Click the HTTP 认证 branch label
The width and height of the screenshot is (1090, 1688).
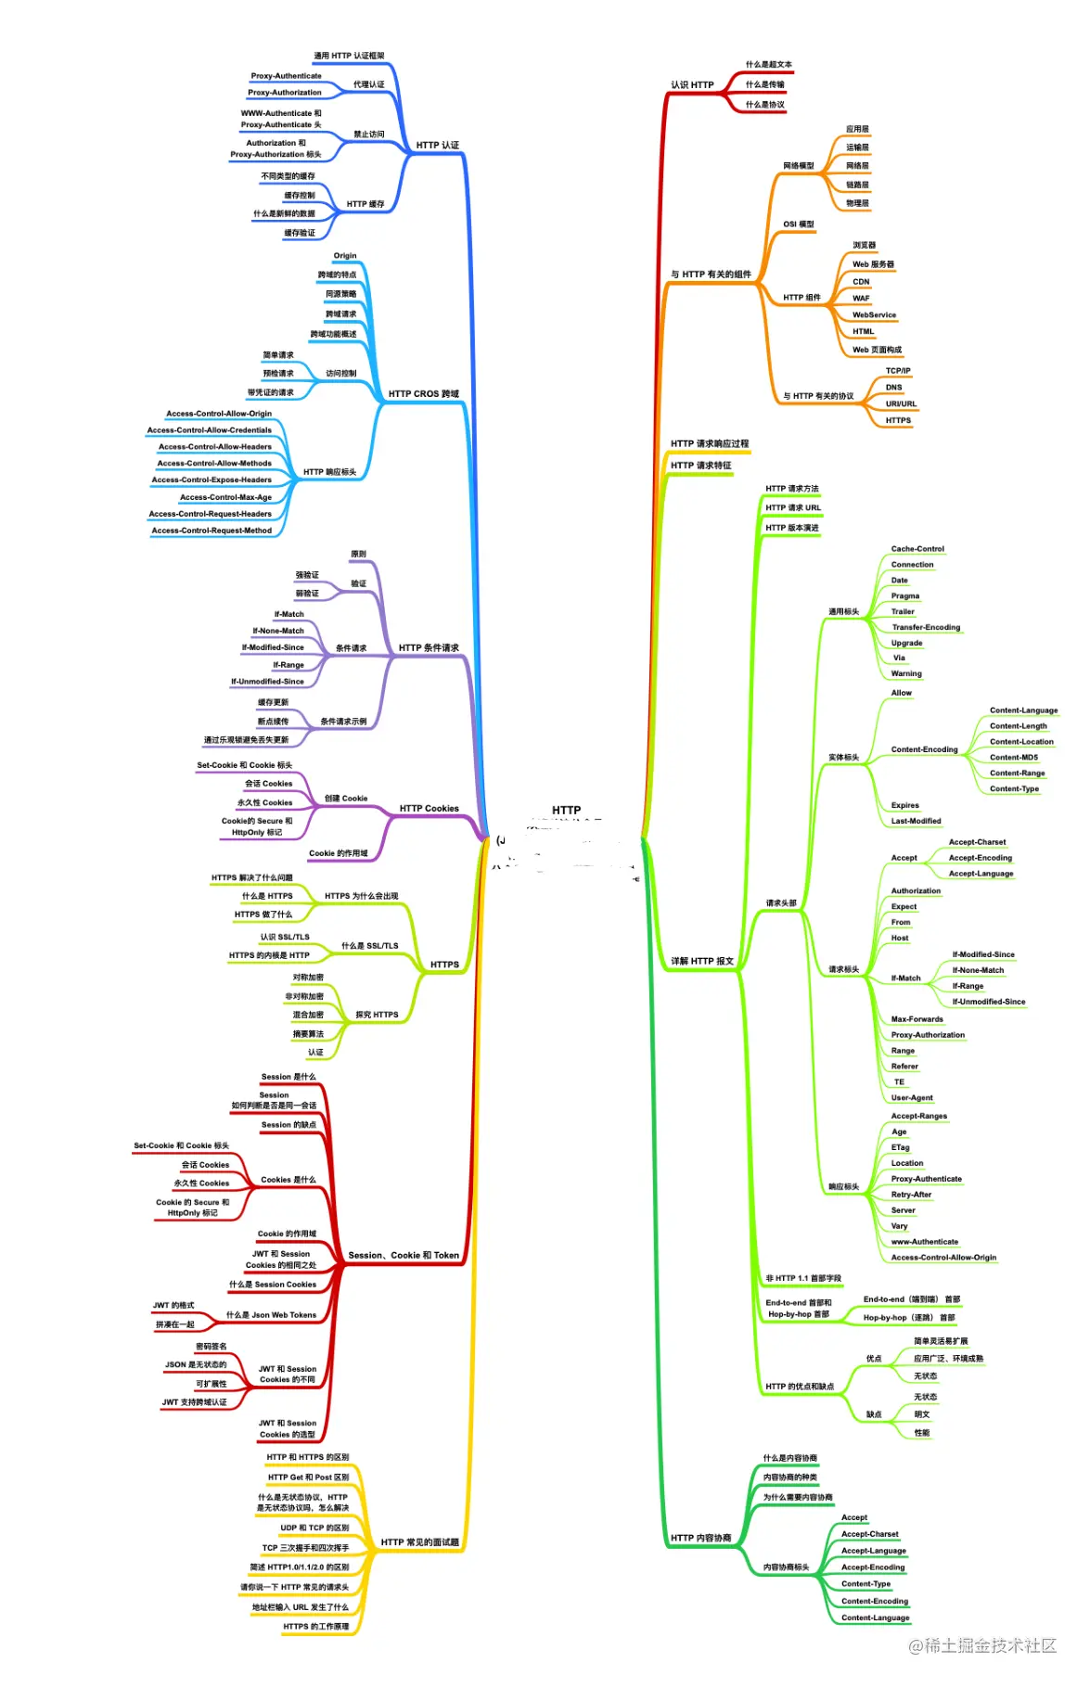coord(437,146)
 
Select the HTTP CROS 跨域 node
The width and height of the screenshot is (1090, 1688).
coord(423,394)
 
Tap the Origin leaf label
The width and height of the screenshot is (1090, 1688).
coord(345,256)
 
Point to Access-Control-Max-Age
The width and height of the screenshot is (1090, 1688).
coord(225,497)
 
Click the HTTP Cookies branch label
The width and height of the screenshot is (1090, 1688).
coord(429,809)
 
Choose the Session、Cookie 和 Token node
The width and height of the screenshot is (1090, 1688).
coord(404,1256)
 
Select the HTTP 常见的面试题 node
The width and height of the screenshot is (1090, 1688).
coord(419,1542)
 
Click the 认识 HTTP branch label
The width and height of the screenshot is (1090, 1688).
coord(692,85)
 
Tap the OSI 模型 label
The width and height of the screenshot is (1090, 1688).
coord(798,224)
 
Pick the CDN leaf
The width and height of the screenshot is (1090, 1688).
coord(861,282)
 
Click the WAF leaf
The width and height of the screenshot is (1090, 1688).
coord(861,299)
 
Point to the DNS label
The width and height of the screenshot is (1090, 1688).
coord(893,388)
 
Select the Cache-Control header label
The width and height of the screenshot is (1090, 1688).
coord(917,549)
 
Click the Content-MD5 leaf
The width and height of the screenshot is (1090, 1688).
coord(1014,758)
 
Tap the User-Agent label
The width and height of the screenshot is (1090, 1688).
coord(912,1098)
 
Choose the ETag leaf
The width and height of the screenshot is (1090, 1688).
coord(900,1148)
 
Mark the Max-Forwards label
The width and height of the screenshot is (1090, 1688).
coord(917,1019)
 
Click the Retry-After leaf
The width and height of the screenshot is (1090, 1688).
coord(911,1195)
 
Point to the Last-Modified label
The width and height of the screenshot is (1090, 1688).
coord(916,821)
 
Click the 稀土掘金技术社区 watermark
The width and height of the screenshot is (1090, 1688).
coord(982,1645)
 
